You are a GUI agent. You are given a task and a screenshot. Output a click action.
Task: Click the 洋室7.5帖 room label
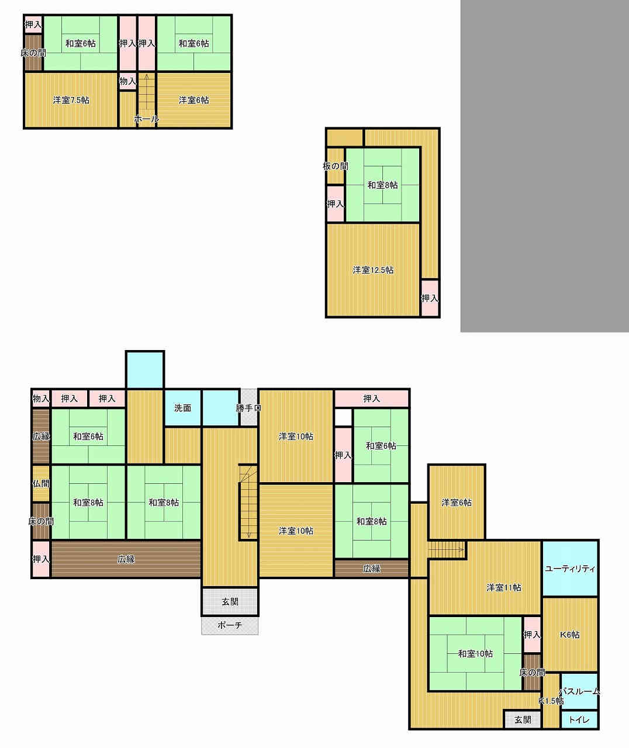pos(71,101)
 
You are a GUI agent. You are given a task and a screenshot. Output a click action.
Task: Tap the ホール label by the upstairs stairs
pos(147,119)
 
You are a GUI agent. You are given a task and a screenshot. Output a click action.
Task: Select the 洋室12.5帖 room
pos(373,270)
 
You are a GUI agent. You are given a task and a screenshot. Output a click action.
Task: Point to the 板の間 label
pos(336,166)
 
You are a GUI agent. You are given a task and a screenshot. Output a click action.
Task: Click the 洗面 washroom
pos(183,408)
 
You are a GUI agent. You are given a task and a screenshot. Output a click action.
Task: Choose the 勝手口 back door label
pos(248,408)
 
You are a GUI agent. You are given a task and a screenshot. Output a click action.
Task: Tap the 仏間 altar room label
pos(41,484)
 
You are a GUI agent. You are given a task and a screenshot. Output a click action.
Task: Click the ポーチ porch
pos(230,625)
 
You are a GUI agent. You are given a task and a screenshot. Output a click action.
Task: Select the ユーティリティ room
pos(570,569)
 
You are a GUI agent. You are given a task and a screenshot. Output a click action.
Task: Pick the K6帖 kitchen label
pos(569,635)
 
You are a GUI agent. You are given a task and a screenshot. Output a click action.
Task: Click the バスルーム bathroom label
pos(579,691)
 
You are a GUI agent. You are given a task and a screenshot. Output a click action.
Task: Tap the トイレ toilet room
pos(579,720)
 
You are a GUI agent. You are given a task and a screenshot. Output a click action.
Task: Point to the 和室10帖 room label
pos(475,654)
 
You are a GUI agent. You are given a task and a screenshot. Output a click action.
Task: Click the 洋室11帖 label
pos(503,587)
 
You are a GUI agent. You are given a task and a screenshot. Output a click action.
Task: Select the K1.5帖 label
pos(551,701)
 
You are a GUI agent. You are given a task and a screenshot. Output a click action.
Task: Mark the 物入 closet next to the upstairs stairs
pos(127,81)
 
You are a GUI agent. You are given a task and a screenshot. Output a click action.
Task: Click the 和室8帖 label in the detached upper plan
pos(382,185)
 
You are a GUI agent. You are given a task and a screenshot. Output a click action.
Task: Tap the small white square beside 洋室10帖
pos(343,417)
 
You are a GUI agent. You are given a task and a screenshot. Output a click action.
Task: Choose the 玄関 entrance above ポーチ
pos(230,602)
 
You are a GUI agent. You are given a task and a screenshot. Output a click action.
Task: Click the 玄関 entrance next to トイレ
pos(523,720)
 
